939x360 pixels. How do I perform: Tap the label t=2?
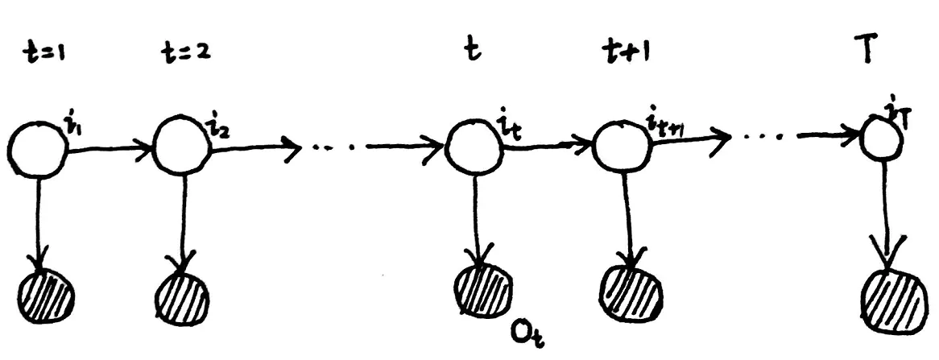[184, 55]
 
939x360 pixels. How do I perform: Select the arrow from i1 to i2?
[109, 147]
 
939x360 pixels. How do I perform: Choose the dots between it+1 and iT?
[761, 137]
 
